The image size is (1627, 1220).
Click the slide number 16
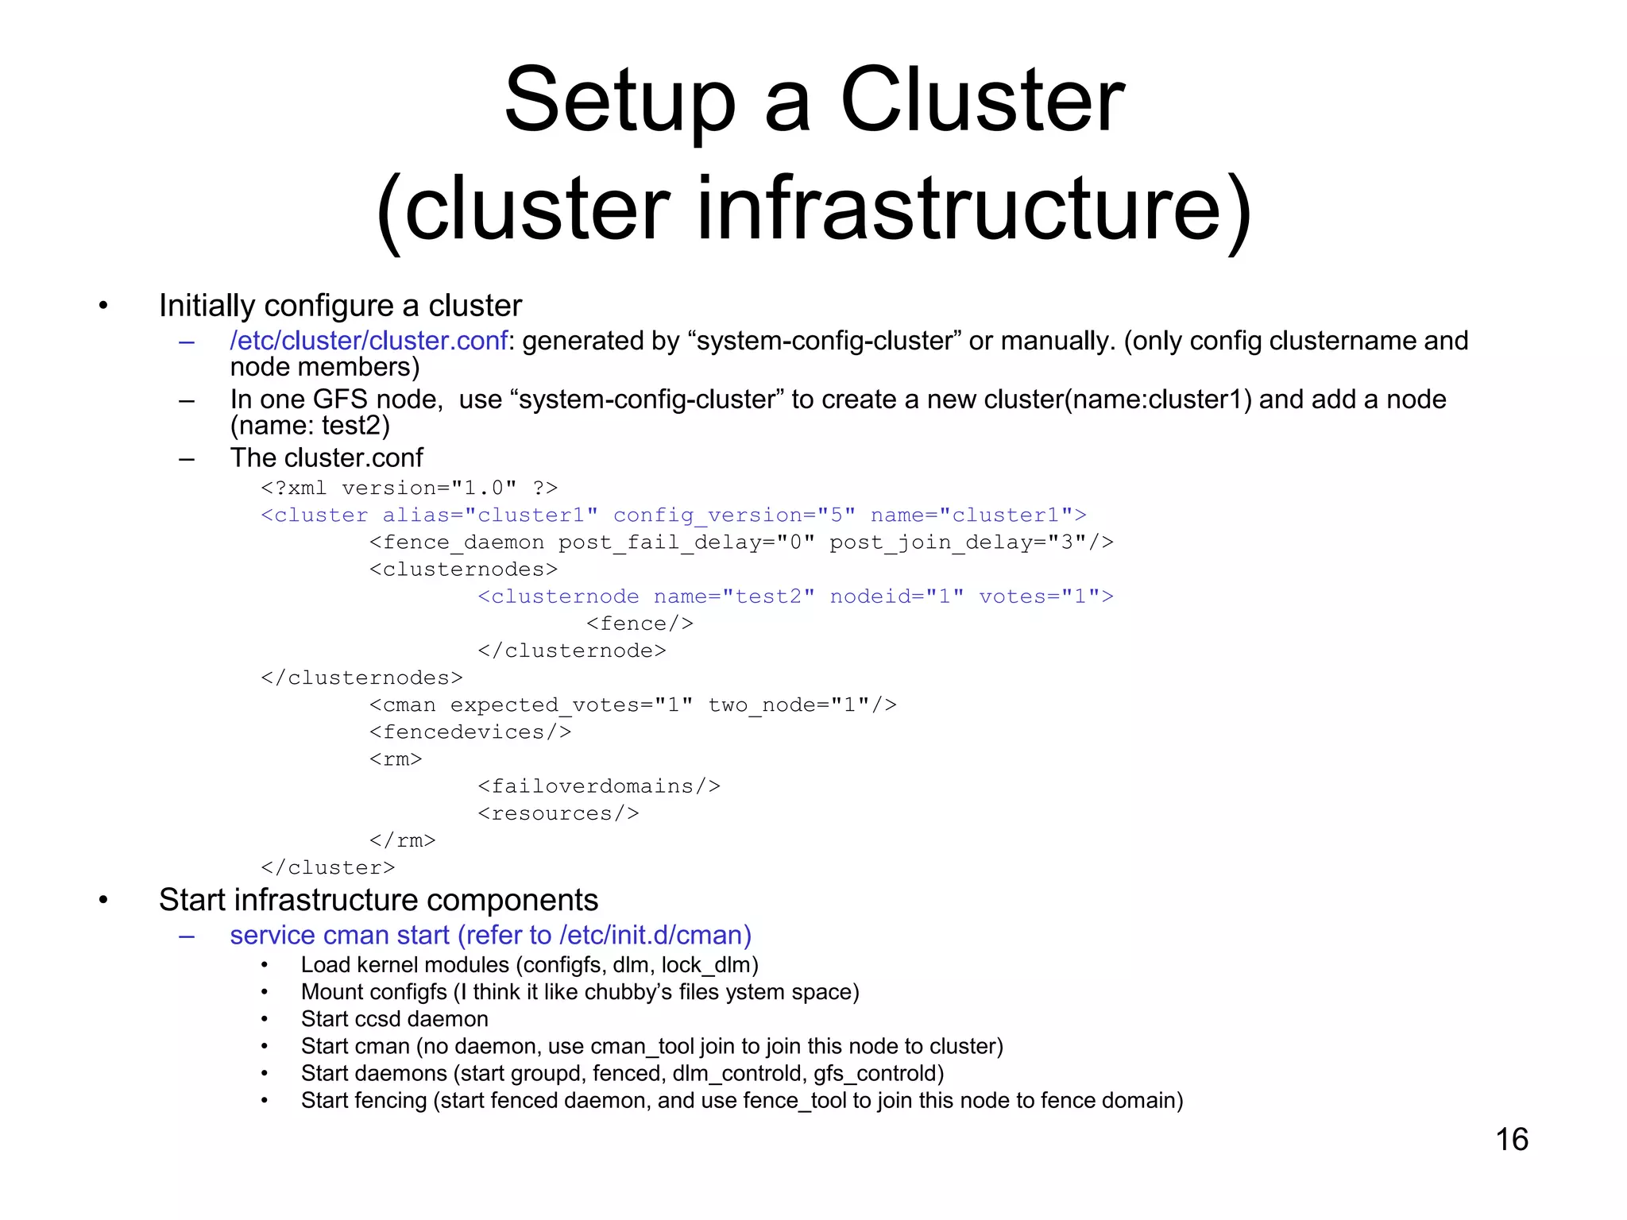pyautogui.click(x=1511, y=1139)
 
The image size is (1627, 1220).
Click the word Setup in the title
pyautogui.click(x=620, y=101)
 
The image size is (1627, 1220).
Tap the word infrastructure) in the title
pyautogui.click(x=973, y=210)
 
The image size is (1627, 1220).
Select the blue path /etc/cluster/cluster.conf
pyautogui.click(x=369, y=341)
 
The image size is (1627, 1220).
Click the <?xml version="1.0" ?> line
pyautogui.click(x=409, y=488)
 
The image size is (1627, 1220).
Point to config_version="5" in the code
pyautogui.click(x=734, y=515)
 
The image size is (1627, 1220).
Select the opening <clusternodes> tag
pyautogui.click(x=463, y=569)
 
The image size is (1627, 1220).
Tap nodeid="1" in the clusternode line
pyautogui.click(x=897, y=596)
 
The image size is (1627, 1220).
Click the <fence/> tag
pyautogui.click(x=640, y=624)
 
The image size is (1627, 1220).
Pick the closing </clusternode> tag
pyautogui.click(x=571, y=651)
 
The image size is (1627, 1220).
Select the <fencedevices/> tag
pyautogui.click(x=470, y=732)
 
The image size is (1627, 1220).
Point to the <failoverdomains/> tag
pyautogui.click(x=599, y=786)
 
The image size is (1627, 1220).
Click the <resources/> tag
pyautogui.click(x=558, y=813)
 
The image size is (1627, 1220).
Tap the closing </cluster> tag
pyautogui.click(x=327, y=867)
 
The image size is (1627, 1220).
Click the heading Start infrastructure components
pyautogui.click(x=378, y=900)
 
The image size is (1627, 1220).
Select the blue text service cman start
pyautogui.click(x=340, y=936)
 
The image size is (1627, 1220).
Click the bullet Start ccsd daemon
pyautogui.click(x=394, y=1019)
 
